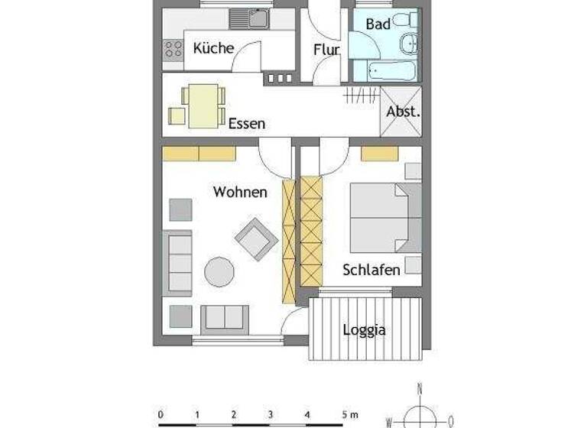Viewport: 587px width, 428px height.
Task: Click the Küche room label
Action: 213,48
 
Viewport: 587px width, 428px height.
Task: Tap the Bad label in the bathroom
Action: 378,24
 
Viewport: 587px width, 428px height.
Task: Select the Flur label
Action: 326,50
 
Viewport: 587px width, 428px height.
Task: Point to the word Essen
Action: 246,123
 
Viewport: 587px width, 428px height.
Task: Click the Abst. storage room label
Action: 401,112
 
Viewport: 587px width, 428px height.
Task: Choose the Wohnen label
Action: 240,192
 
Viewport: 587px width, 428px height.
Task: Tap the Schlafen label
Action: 371,270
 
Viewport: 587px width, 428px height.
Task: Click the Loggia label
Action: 364,330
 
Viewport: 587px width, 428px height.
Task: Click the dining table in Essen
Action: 203,106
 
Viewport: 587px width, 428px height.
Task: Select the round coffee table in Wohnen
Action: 219,271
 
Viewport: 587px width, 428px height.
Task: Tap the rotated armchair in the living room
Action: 256,238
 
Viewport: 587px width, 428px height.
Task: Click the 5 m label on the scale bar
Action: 349,414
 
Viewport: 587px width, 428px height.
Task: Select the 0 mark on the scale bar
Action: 161,414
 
